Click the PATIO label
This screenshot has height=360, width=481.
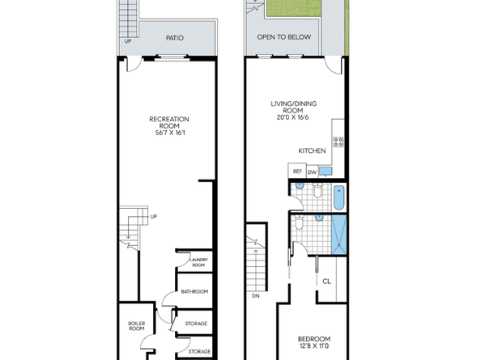click(x=173, y=37)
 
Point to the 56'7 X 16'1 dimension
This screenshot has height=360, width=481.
click(x=169, y=133)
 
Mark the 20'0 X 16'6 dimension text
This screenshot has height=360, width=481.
click(x=293, y=117)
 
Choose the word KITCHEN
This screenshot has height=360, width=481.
click(x=313, y=150)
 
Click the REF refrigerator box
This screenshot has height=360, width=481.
click(x=296, y=172)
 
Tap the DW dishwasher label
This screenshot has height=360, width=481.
click(x=312, y=172)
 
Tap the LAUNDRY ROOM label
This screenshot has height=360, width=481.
click(x=198, y=263)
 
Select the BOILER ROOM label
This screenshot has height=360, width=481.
click(x=136, y=326)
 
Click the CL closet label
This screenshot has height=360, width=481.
click(x=326, y=282)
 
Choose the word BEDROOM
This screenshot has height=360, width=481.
click(x=313, y=338)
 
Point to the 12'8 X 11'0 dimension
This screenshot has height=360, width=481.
click(x=313, y=347)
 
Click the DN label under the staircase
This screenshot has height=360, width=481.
click(x=255, y=296)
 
